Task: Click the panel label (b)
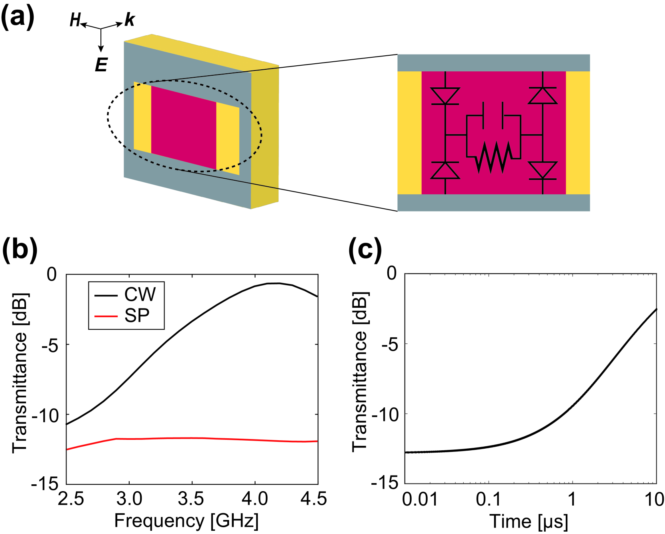pyautogui.click(x=20, y=249)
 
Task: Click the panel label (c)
pyautogui.click(x=365, y=249)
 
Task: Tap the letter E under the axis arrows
pyautogui.click(x=101, y=64)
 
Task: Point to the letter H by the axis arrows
pyautogui.click(x=75, y=20)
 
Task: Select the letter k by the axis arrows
pyautogui.click(x=130, y=20)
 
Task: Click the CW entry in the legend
pyautogui.click(x=139, y=294)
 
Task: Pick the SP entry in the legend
pyautogui.click(x=136, y=316)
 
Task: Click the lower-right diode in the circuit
pyautogui.click(x=543, y=170)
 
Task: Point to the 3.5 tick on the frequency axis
pyautogui.click(x=191, y=499)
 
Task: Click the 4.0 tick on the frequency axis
pyautogui.click(x=254, y=499)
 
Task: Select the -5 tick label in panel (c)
pyautogui.click(x=389, y=344)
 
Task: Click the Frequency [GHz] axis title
pyautogui.click(x=186, y=521)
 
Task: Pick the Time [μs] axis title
pyautogui.click(x=529, y=521)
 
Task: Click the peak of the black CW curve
pyautogui.click(x=276, y=283)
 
